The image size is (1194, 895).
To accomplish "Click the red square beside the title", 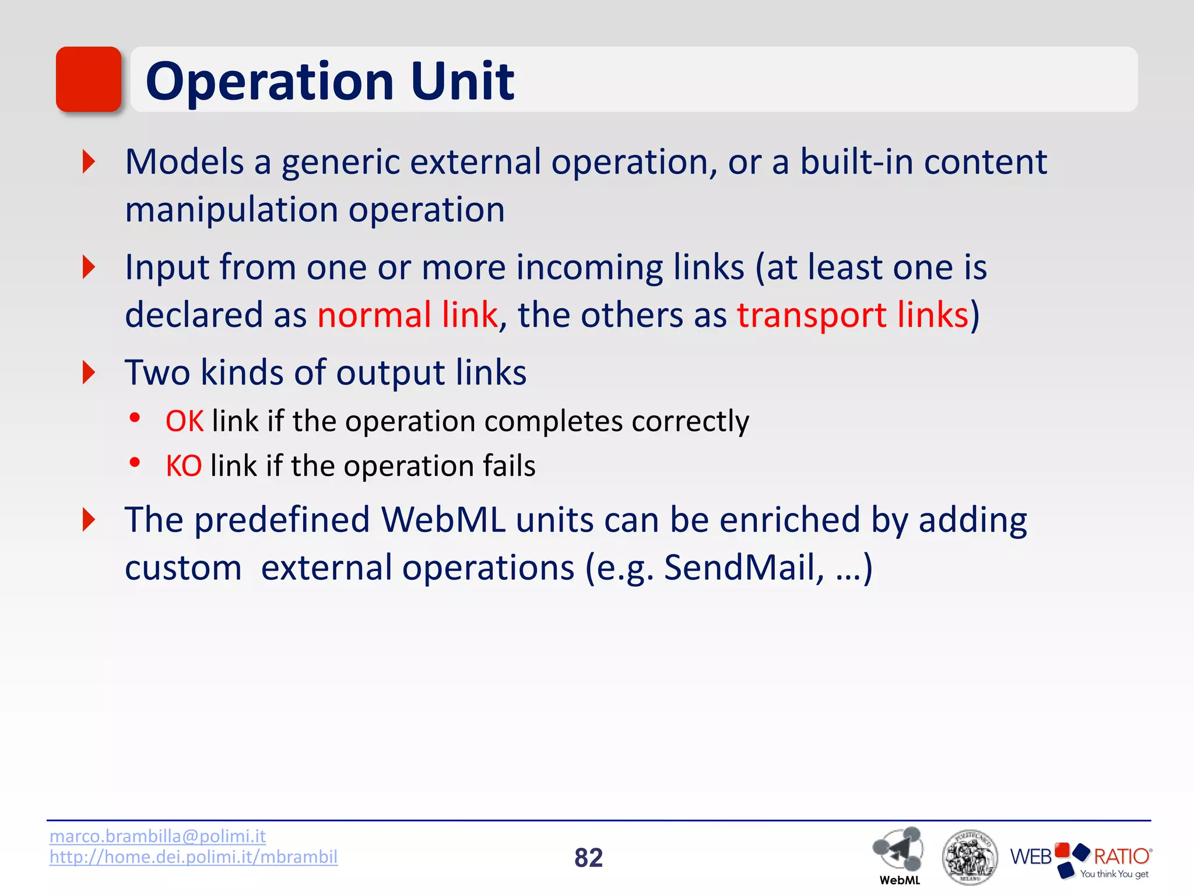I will (x=89, y=79).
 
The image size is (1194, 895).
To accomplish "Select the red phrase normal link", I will (x=408, y=315).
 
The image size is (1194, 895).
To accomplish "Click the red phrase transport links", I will (x=852, y=315).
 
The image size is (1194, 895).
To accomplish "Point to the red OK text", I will (x=184, y=421).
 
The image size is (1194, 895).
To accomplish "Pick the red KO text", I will (x=184, y=466).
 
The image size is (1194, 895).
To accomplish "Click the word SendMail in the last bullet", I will (x=743, y=567).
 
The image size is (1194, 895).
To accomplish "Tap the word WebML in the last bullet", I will (x=443, y=520).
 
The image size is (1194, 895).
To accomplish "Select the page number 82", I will (x=588, y=858).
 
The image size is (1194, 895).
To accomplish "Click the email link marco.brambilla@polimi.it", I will (x=157, y=836).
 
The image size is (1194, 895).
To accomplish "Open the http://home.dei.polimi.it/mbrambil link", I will (x=193, y=857).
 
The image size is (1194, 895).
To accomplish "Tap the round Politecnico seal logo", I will (x=970, y=857).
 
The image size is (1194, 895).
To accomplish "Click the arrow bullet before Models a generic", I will (x=89, y=161).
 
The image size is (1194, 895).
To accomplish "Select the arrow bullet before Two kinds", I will (x=89, y=372).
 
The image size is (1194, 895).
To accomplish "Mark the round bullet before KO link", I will (x=135, y=463).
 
